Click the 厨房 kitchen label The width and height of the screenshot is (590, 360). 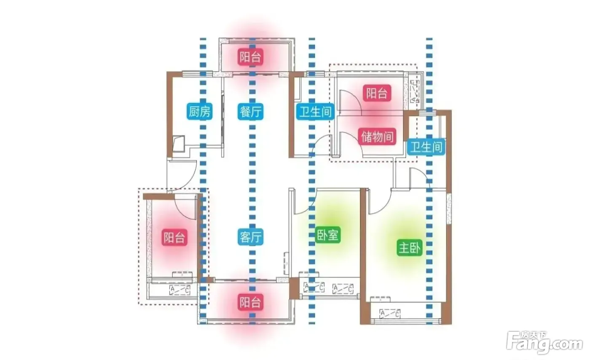199,111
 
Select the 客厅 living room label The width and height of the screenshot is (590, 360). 251,237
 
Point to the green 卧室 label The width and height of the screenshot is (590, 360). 327,235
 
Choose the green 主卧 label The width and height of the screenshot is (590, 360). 410,247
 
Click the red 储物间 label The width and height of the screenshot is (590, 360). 378,137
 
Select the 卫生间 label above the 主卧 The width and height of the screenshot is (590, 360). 426,147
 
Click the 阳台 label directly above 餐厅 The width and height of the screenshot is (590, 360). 251,56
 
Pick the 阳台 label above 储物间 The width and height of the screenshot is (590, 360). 377,93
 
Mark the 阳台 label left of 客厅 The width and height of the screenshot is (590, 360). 174,237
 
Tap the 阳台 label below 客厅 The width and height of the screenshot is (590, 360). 251,302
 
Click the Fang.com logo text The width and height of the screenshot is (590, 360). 544,345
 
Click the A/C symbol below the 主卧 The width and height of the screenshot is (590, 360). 390,314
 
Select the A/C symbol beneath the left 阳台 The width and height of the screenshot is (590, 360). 180,290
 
